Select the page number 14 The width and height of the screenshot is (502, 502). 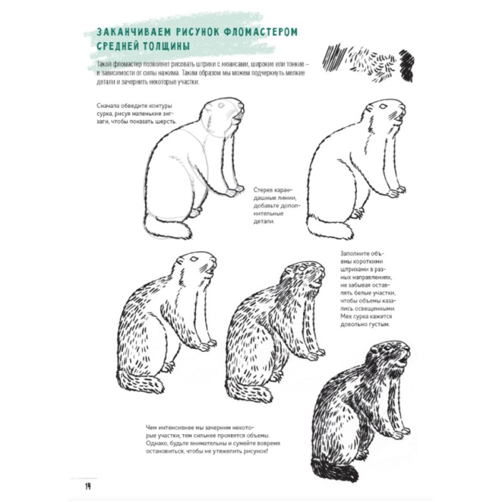tap(88, 486)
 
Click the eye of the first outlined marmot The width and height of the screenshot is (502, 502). tap(221, 105)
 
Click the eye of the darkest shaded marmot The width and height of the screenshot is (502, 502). tap(388, 348)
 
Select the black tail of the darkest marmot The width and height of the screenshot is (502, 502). tap(334, 470)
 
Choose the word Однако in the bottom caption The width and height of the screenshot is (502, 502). tap(156, 444)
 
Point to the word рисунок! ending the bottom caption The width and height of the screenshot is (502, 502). tap(255, 451)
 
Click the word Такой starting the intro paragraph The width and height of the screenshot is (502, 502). tap(104, 64)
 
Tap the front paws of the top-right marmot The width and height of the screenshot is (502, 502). tap(397, 191)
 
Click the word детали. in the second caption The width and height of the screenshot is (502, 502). tap(264, 222)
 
